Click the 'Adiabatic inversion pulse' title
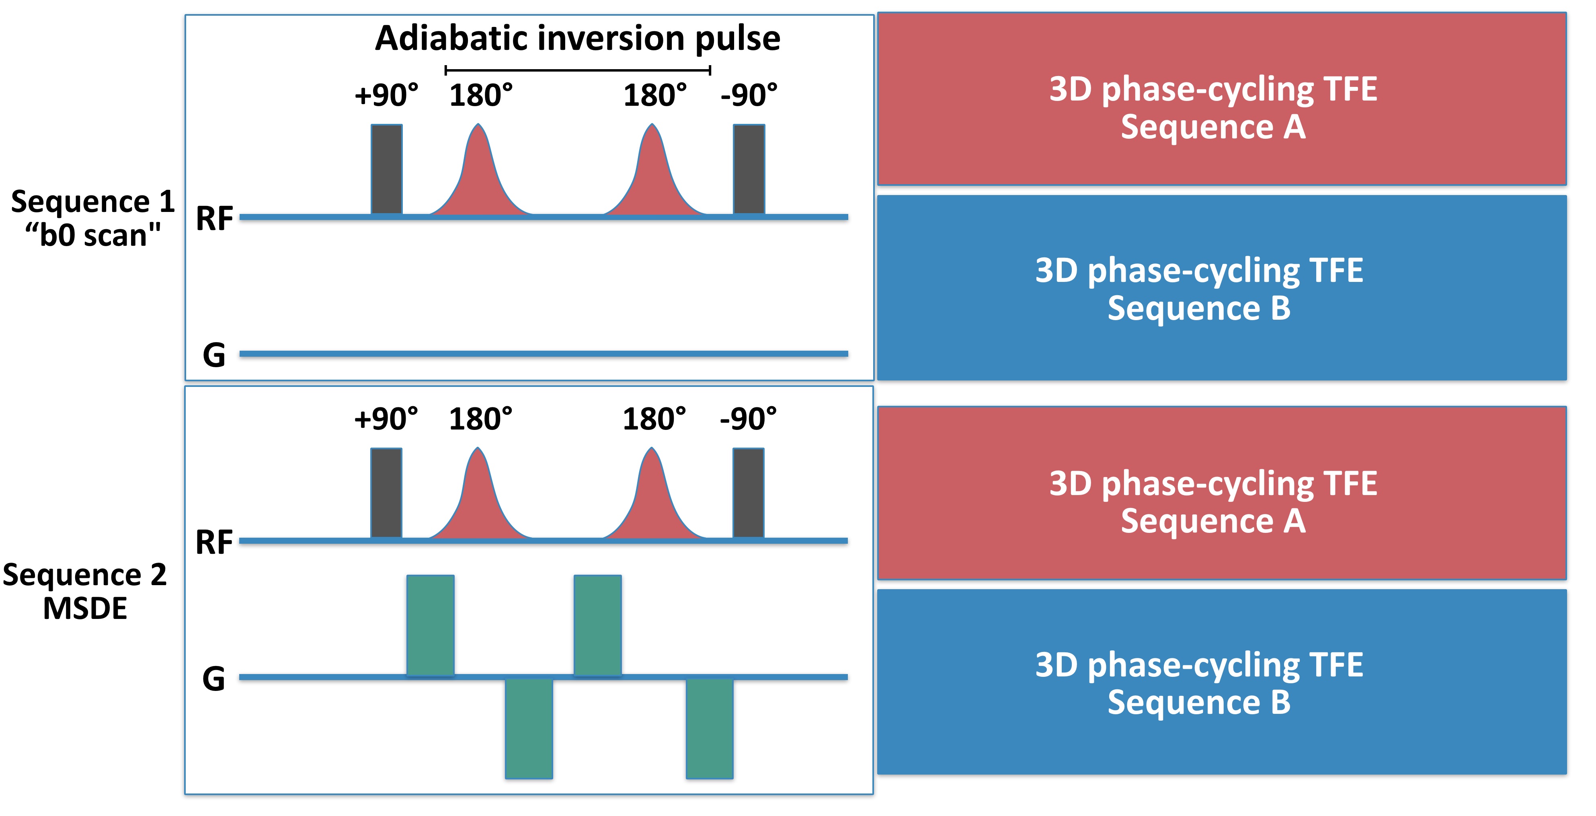point(577,39)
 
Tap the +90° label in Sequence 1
point(386,95)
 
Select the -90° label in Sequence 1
point(749,95)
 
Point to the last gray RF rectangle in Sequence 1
point(749,169)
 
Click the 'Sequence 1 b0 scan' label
point(93,218)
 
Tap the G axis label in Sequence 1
point(214,355)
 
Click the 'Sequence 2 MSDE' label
point(85,591)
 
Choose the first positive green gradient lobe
point(431,625)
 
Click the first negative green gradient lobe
point(529,728)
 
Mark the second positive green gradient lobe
point(597,625)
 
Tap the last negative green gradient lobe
point(710,728)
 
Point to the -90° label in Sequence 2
point(748,419)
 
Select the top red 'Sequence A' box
point(1222,99)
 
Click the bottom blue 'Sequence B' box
point(1222,682)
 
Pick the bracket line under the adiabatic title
point(577,70)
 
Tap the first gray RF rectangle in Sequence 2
point(386,493)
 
